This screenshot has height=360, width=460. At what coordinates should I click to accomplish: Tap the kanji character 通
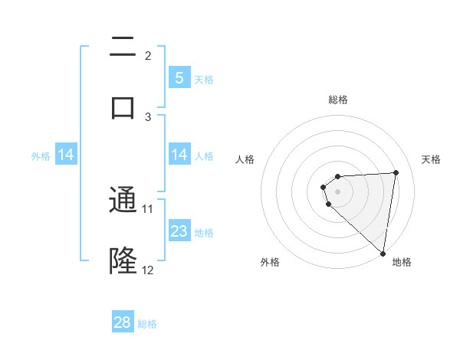(123, 201)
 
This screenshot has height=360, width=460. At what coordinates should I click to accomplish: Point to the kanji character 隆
(123, 260)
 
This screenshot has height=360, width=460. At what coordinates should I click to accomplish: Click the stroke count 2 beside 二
(148, 56)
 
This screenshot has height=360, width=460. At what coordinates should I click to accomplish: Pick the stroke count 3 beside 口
(148, 116)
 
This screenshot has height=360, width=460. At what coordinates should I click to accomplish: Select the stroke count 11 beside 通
(148, 208)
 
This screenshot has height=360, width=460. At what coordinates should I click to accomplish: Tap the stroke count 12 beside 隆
(148, 270)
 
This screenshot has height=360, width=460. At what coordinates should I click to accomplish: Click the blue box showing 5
(179, 77)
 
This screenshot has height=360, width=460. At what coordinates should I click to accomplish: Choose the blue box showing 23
(179, 231)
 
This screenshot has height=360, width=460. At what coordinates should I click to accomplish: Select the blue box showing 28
(123, 322)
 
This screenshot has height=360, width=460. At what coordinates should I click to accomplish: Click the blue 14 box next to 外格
(66, 155)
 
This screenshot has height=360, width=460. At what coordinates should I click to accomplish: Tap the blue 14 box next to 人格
(179, 155)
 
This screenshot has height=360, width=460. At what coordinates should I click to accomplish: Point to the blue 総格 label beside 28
(147, 324)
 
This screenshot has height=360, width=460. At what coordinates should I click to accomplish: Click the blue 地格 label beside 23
(204, 232)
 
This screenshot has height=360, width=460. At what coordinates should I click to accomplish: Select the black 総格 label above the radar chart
(337, 100)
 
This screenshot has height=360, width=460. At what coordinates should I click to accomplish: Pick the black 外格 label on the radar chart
(270, 262)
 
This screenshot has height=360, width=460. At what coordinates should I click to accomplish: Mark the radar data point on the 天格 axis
(396, 172)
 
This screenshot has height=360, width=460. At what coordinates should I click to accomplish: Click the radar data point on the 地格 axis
(383, 254)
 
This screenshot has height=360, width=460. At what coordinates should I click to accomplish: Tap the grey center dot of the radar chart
(337, 191)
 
